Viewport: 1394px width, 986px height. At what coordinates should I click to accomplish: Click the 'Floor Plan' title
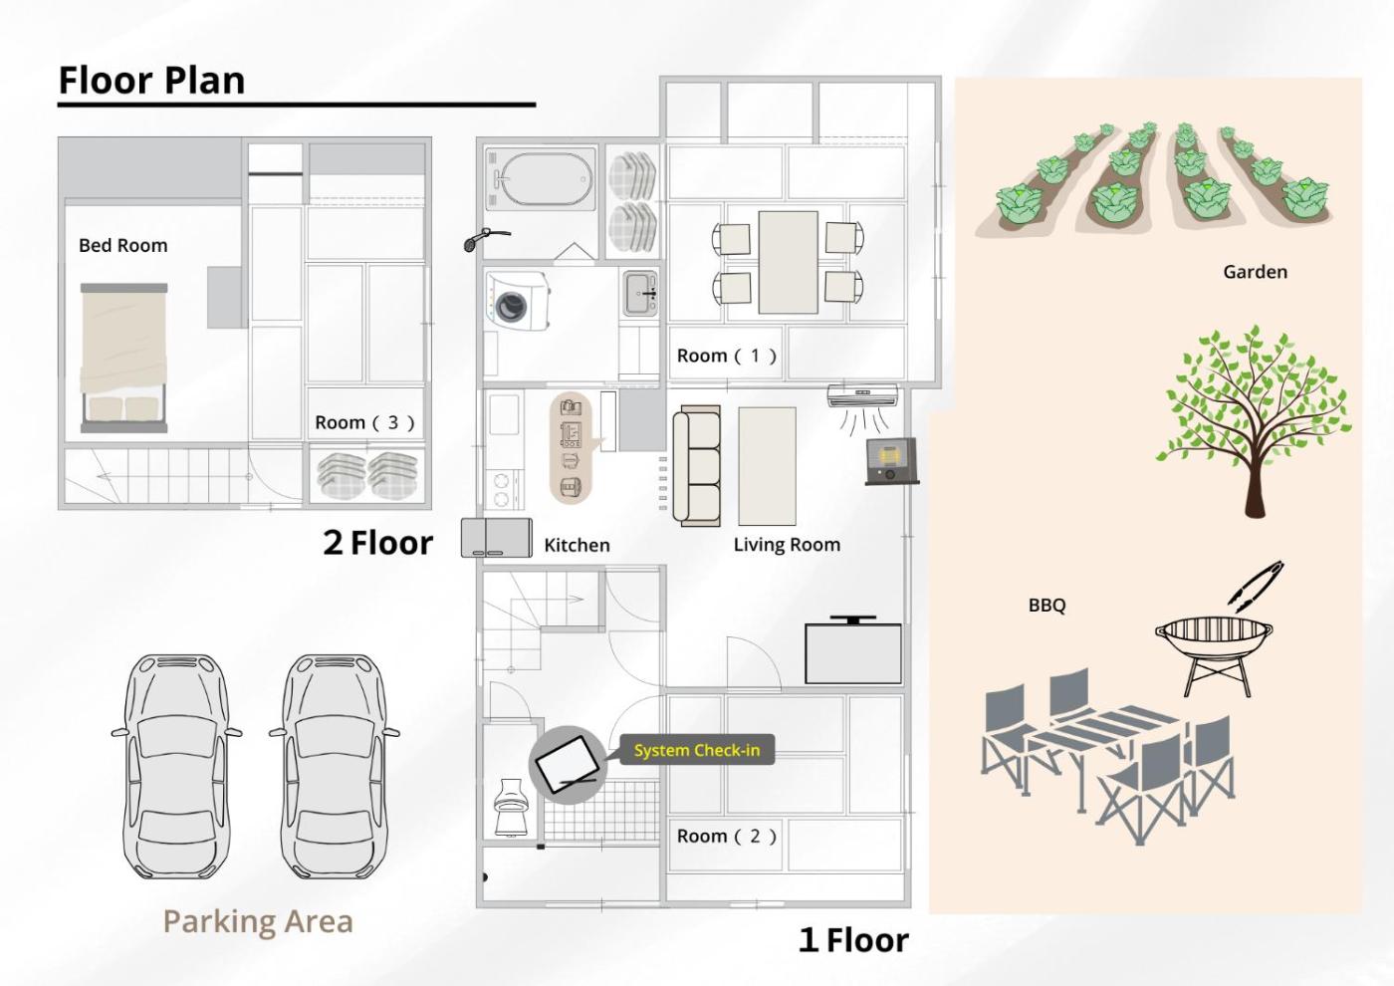pyautogui.click(x=151, y=81)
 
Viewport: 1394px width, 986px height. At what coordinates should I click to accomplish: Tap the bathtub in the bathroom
pyautogui.click(x=540, y=179)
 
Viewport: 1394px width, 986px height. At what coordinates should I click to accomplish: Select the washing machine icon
pyautogui.click(x=518, y=301)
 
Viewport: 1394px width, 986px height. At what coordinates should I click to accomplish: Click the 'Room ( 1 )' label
pyautogui.click(x=727, y=356)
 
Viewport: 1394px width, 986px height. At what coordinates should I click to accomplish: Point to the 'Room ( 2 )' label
pyautogui.click(x=727, y=836)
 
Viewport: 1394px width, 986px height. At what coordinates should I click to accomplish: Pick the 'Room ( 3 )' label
pyautogui.click(x=364, y=422)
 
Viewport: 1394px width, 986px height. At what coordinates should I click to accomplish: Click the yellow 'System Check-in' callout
pyautogui.click(x=697, y=750)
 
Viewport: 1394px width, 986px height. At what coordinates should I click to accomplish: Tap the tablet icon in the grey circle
pyautogui.click(x=567, y=765)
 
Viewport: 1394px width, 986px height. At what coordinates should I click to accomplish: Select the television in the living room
pyautogui.click(x=853, y=650)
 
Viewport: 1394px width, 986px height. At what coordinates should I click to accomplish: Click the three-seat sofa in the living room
pyautogui.click(x=696, y=466)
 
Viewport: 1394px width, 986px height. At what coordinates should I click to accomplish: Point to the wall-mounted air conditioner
pyautogui.click(x=862, y=395)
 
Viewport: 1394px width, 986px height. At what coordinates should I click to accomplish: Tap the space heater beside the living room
pyautogui.click(x=892, y=461)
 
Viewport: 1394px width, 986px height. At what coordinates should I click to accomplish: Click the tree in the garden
pyautogui.click(x=1254, y=420)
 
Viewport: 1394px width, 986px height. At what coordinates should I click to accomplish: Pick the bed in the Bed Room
pyautogui.click(x=123, y=358)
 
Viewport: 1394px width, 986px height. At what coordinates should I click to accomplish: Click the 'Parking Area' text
pyautogui.click(x=258, y=921)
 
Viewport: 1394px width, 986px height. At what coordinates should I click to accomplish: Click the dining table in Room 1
pyautogui.click(x=788, y=262)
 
